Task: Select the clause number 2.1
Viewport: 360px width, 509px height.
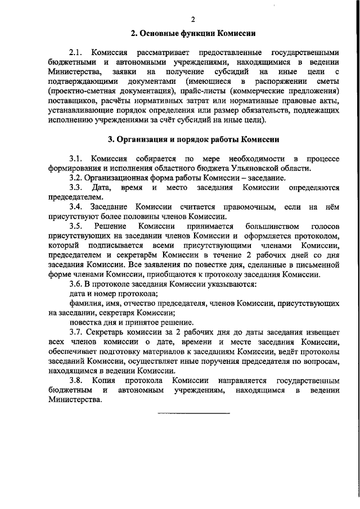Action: [x=76, y=52]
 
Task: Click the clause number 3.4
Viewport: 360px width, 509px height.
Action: [x=76, y=208]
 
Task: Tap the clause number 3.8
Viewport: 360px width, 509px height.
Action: [x=76, y=381]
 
